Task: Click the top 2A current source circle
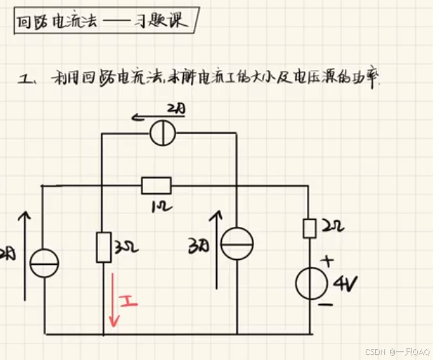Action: pyautogui.click(x=163, y=133)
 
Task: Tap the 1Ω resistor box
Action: pyautogui.click(x=156, y=185)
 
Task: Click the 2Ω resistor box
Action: pyautogui.click(x=309, y=228)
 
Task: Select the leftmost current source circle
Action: pyautogui.click(x=44, y=263)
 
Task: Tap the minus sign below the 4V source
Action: pyautogui.click(x=325, y=305)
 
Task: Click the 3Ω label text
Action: pyautogui.click(x=121, y=250)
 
